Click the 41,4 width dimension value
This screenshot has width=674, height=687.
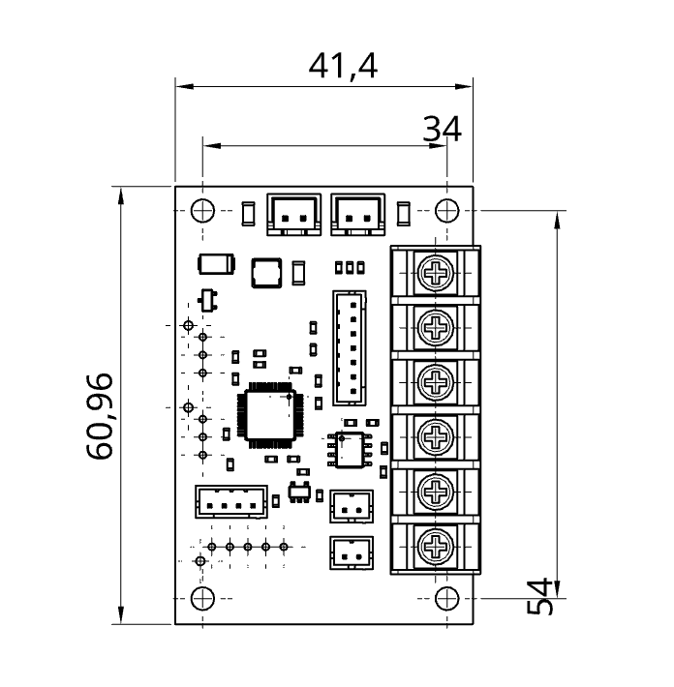pyautogui.click(x=342, y=66)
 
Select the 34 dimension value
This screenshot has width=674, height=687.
pyautogui.click(x=443, y=128)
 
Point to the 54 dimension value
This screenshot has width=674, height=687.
pyautogui.click(x=540, y=595)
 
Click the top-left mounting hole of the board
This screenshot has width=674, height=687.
pyautogui.click(x=202, y=209)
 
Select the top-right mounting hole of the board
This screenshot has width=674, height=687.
pyautogui.click(x=446, y=209)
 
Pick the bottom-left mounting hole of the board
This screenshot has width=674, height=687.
pyautogui.click(x=202, y=598)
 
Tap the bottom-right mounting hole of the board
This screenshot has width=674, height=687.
pyautogui.click(x=446, y=598)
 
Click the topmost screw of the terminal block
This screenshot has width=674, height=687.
pyautogui.click(x=438, y=274)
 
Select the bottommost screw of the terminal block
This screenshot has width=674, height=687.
pyautogui.click(x=438, y=548)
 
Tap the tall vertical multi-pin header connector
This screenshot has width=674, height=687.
pyautogui.click(x=350, y=347)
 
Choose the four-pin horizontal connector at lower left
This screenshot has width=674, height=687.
pyautogui.click(x=230, y=501)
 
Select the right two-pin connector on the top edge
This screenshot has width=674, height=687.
pyautogui.click(x=358, y=213)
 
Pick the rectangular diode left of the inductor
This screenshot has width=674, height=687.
pyautogui.click(x=216, y=263)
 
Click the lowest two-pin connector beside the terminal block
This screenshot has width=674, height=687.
pyautogui.click(x=351, y=553)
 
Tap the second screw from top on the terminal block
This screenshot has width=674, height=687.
pyautogui.click(x=438, y=329)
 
